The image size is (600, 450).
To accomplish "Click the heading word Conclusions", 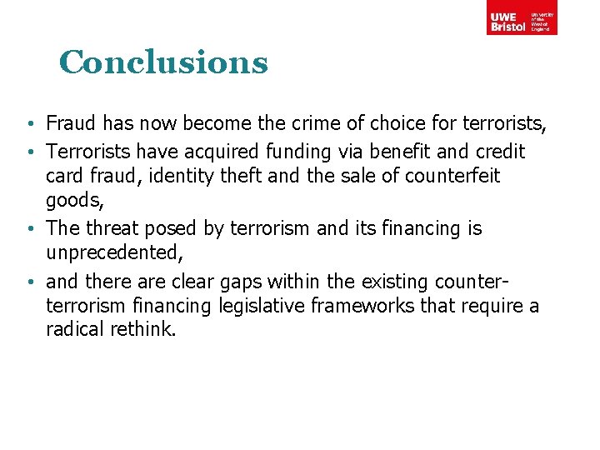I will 163,62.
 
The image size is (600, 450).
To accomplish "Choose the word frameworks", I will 351,307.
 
